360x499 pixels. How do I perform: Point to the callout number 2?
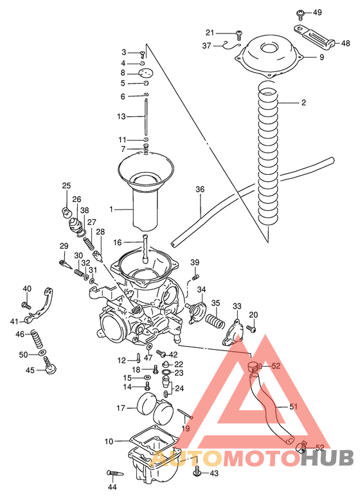[303, 103]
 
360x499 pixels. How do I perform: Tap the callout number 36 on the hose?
[200, 190]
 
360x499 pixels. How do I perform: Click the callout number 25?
[66, 186]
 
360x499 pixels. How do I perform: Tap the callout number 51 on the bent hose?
[294, 406]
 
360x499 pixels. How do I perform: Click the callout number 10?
[109, 442]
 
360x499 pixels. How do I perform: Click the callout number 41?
[14, 321]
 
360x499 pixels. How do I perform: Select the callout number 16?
[117, 242]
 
